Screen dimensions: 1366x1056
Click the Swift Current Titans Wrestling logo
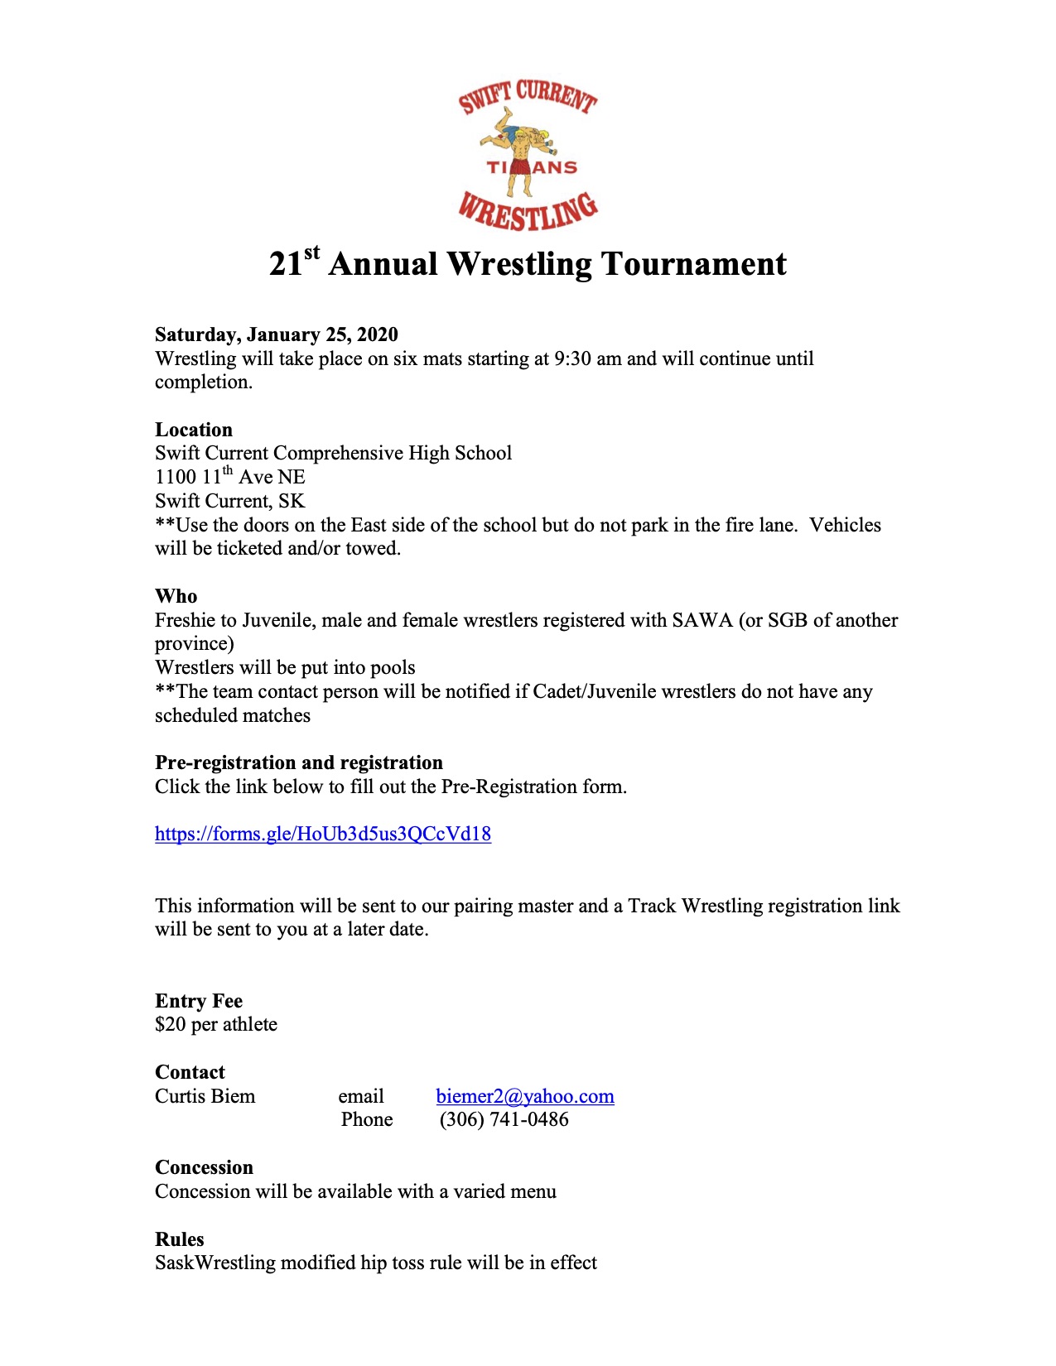click(x=528, y=155)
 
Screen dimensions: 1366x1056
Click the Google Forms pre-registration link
click(x=322, y=834)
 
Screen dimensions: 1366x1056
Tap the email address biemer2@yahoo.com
click(x=525, y=1096)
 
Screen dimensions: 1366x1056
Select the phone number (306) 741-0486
click(x=504, y=1120)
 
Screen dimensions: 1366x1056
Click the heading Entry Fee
click(x=198, y=1001)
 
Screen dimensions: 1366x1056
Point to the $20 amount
click(x=170, y=1025)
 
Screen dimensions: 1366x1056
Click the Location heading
click(x=193, y=430)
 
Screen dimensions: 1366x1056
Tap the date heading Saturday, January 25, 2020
click(x=276, y=334)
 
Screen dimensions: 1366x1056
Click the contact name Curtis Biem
click(x=205, y=1096)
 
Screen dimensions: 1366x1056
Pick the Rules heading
click(x=179, y=1239)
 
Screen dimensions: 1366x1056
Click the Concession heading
click(x=204, y=1167)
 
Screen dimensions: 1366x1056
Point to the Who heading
click(x=176, y=596)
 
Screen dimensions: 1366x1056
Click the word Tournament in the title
click(x=693, y=264)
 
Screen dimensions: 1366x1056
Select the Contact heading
click(x=190, y=1072)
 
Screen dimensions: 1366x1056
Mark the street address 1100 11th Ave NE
click(x=229, y=478)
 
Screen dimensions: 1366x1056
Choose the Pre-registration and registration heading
click(x=298, y=762)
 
